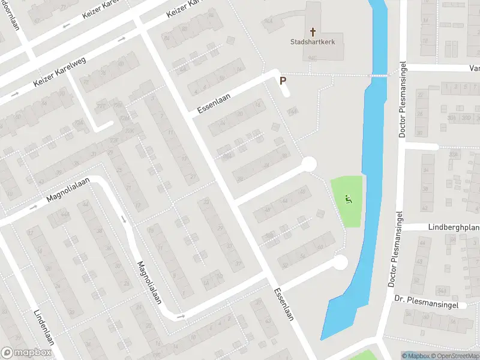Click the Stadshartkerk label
[312, 43]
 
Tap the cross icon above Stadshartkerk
[312, 31]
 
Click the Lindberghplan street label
[454, 227]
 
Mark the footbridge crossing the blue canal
[379, 75]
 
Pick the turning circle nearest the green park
[309, 164]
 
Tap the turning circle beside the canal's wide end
[340, 262]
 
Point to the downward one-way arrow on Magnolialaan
[125, 219]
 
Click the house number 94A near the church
[268, 22]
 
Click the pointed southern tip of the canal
[323, 338]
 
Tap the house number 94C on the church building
[312, 58]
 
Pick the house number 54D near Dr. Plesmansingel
[442, 290]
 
